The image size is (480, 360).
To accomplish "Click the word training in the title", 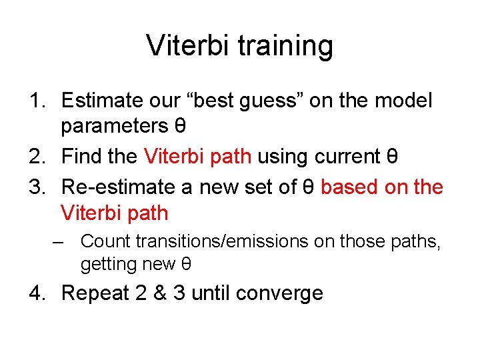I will (287, 46).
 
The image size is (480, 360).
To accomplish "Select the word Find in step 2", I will (81, 157).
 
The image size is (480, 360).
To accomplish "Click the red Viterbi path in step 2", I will (197, 157).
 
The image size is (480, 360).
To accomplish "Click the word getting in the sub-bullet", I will (107, 264).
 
